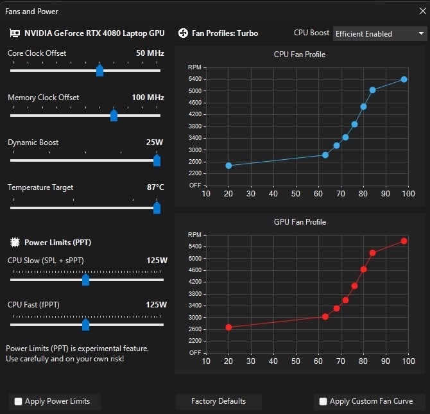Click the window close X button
click(419, 11)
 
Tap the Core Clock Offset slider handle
click(99, 70)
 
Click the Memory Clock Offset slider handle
click(114, 115)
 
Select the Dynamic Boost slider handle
click(157, 160)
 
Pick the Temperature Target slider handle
click(157, 207)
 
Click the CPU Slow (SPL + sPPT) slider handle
click(85, 280)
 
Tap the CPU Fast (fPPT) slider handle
click(85, 324)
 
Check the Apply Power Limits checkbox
click(18, 402)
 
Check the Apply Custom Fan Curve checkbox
click(323, 402)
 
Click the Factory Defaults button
click(218, 401)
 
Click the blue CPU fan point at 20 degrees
click(228, 166)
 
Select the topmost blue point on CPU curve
click(404, 80)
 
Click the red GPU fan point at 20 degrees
click(228, 327)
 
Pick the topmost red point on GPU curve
click(404, 241)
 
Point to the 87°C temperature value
click(155, 187)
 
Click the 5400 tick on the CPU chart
click(194, 79)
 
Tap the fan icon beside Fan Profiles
click(183, 33)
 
